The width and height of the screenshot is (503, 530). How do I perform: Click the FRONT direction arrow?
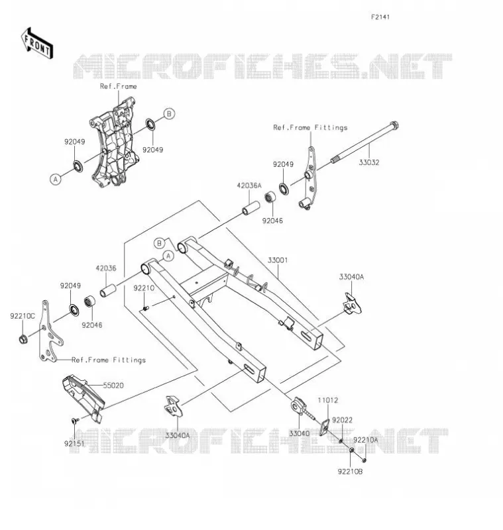pyautogui.click(x=37, y=43)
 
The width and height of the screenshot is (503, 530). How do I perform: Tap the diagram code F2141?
pyautogui.click(x=380, y=17)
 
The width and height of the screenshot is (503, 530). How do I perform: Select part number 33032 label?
pyautogui.click(x=369, y=162)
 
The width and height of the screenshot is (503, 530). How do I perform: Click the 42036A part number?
pyautogui.click(x=249, y=185)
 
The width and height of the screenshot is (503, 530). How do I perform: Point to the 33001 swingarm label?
pyautogui.click(x=278, y=260)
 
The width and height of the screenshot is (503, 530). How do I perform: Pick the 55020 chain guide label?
pyautogui.click(x=113, y=386)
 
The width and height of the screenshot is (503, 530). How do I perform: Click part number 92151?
pyautogui.click(x=74, y=443)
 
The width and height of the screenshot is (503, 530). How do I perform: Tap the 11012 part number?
pyautogui.click(x=327, y=400)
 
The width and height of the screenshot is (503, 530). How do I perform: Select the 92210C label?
pyautogui.click(x=23, y=316)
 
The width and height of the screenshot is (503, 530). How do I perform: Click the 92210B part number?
pyautogui.click(x=350, y=471)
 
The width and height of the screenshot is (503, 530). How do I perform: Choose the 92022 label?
pyautogui.click(x=342, y=420)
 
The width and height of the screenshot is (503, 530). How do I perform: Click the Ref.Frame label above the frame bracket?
pyautogui.click(x=119, y=87)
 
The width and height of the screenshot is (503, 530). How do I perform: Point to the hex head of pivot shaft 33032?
pyautogui.click(x=394, y=125)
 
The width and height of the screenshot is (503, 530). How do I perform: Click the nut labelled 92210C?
pyautogui.click(x=23, y=339)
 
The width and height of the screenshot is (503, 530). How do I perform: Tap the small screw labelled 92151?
pyautogui.click(x=75, y=421)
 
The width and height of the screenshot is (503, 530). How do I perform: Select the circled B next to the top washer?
pyautogui.click(x=170, y=113)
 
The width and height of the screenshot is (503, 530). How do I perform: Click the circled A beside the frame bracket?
pyautogui.click(x=56, y=179)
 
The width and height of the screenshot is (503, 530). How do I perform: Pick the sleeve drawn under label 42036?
pyautogui.click(x=108, y=291)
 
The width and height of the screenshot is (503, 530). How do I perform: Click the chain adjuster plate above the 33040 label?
pyautogui.click(x=298, y=406)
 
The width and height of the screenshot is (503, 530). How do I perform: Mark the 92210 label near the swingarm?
pyautogui.click(x=144, y=288)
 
